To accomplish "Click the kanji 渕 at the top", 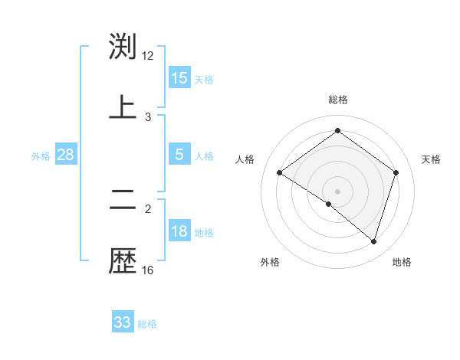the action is pos(123,47).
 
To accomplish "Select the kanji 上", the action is pos(123,106).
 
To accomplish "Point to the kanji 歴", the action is pos(123,260).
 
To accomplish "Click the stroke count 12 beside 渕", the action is pos(148,56).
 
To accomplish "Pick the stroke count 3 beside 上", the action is pos(148,116).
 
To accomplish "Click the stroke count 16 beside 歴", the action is pos(148,270).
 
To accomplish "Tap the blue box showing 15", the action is pos(179,78).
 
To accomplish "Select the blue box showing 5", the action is pos(179,155).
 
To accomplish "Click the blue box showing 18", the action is pos(179,231).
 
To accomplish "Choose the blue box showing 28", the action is pos(66,155).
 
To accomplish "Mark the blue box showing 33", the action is pos(123,322).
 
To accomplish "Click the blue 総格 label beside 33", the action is pos(147,324).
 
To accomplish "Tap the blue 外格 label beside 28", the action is pos(41,156).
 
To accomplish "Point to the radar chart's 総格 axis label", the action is pos(338,100).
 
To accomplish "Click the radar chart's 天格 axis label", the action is pos(431,159).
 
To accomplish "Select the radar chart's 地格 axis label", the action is pos(402,262).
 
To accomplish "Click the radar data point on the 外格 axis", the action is pos(329,205).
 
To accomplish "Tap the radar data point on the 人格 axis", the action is pos(280,173).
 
